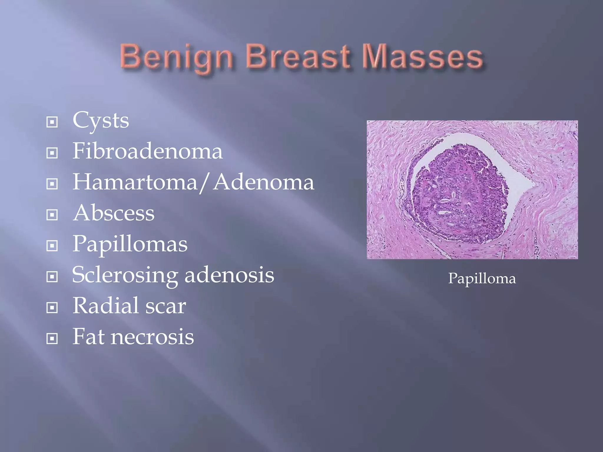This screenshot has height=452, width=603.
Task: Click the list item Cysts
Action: coord(101,121)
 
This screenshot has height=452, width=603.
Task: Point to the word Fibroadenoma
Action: coord(148,151)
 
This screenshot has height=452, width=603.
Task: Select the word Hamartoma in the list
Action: coord(135,182)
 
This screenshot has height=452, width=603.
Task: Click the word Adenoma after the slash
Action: coord(264,182)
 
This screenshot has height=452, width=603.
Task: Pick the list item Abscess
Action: coord(114,213)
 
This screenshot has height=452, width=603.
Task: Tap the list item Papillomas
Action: coord(130,244)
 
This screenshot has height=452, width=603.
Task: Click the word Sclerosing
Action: coord(125,275)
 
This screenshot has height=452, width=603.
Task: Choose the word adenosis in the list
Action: coord(229,275)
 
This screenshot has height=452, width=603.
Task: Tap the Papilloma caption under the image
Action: coord(482,278)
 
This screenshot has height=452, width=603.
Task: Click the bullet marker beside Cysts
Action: coord(52,122)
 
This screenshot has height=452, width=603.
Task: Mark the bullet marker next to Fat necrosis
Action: coord(52,338)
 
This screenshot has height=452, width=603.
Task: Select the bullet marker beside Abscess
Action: coord(52,215)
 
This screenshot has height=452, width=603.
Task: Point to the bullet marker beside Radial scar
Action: coord(52,308)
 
